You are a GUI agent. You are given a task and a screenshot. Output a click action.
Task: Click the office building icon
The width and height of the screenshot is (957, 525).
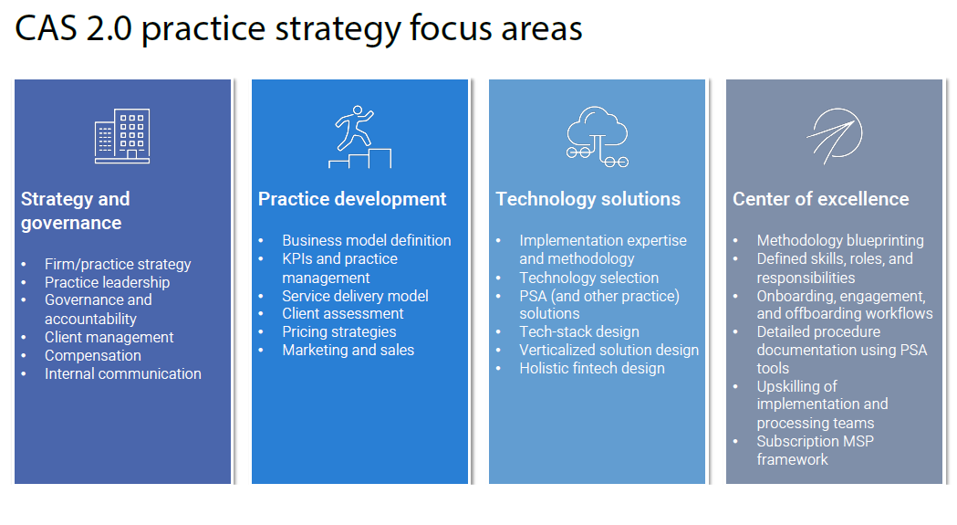tap(122, 136)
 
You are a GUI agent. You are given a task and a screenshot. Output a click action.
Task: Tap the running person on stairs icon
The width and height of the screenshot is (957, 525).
tap(359, 136)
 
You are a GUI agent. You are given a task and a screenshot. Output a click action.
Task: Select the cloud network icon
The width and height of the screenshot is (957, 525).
tap(597, 136)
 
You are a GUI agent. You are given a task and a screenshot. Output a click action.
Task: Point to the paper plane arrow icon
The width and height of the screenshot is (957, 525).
tap(834, 136)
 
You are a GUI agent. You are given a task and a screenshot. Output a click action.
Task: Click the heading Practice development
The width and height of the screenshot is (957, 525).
tap(352, 199)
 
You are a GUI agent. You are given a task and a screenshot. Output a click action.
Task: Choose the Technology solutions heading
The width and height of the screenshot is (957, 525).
tap(588, 199)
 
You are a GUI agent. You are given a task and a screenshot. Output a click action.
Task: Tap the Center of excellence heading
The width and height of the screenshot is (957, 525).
tap(821, 199)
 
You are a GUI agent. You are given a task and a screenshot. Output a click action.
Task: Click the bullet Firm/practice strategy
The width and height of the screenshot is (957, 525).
tap(118, 264)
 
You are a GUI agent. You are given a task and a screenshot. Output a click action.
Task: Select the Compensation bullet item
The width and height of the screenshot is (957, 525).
tap(93, 355)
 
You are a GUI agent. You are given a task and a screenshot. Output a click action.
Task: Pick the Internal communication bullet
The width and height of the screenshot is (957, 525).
tap(122, 373)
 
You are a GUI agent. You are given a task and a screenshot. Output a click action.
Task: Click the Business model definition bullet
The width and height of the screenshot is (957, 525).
tap(366, 240)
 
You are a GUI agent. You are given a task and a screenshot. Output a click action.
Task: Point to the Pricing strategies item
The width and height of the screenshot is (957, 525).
tap(338, 331)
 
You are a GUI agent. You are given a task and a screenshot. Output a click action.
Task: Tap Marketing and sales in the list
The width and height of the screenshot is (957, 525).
tap(348, 350)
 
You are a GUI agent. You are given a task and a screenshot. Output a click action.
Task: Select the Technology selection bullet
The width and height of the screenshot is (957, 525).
tap(589, 278)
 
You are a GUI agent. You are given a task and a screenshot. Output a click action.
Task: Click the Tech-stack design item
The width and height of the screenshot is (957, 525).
tap(579, 331)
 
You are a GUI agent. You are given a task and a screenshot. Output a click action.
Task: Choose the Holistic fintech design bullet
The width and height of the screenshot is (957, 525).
tap(592, 368)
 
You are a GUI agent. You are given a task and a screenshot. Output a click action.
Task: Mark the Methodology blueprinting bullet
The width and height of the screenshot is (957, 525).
tap(840, 240)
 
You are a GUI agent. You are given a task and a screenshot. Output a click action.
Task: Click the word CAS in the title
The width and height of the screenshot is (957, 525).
tap(47, 28)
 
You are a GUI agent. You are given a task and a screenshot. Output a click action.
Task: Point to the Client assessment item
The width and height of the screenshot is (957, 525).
tap(342, 313)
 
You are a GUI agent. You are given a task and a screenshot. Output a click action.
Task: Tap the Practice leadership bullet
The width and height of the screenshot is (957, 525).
tap(107, 282)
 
